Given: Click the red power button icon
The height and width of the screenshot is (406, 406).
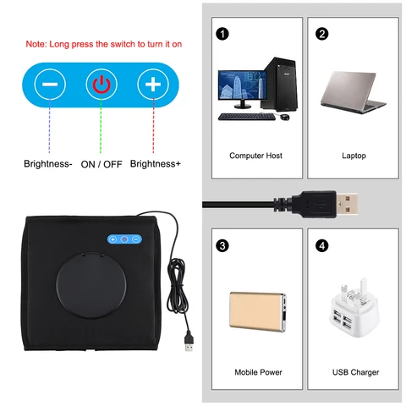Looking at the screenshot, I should [101, 85].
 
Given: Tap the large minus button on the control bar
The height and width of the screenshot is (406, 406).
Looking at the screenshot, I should [51, 85].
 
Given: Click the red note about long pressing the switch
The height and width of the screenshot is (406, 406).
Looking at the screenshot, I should [103, 43].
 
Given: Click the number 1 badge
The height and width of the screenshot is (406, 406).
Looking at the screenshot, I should [222, 34].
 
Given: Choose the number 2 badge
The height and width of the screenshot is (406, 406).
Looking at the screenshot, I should [321, 34].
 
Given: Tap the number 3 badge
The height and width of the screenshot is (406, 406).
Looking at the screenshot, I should [222, 246].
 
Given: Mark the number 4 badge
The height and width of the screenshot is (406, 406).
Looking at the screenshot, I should [321, 246].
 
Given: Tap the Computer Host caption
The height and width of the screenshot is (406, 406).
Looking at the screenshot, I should [255, 156].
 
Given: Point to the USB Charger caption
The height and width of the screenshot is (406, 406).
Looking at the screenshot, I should [354, 371].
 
